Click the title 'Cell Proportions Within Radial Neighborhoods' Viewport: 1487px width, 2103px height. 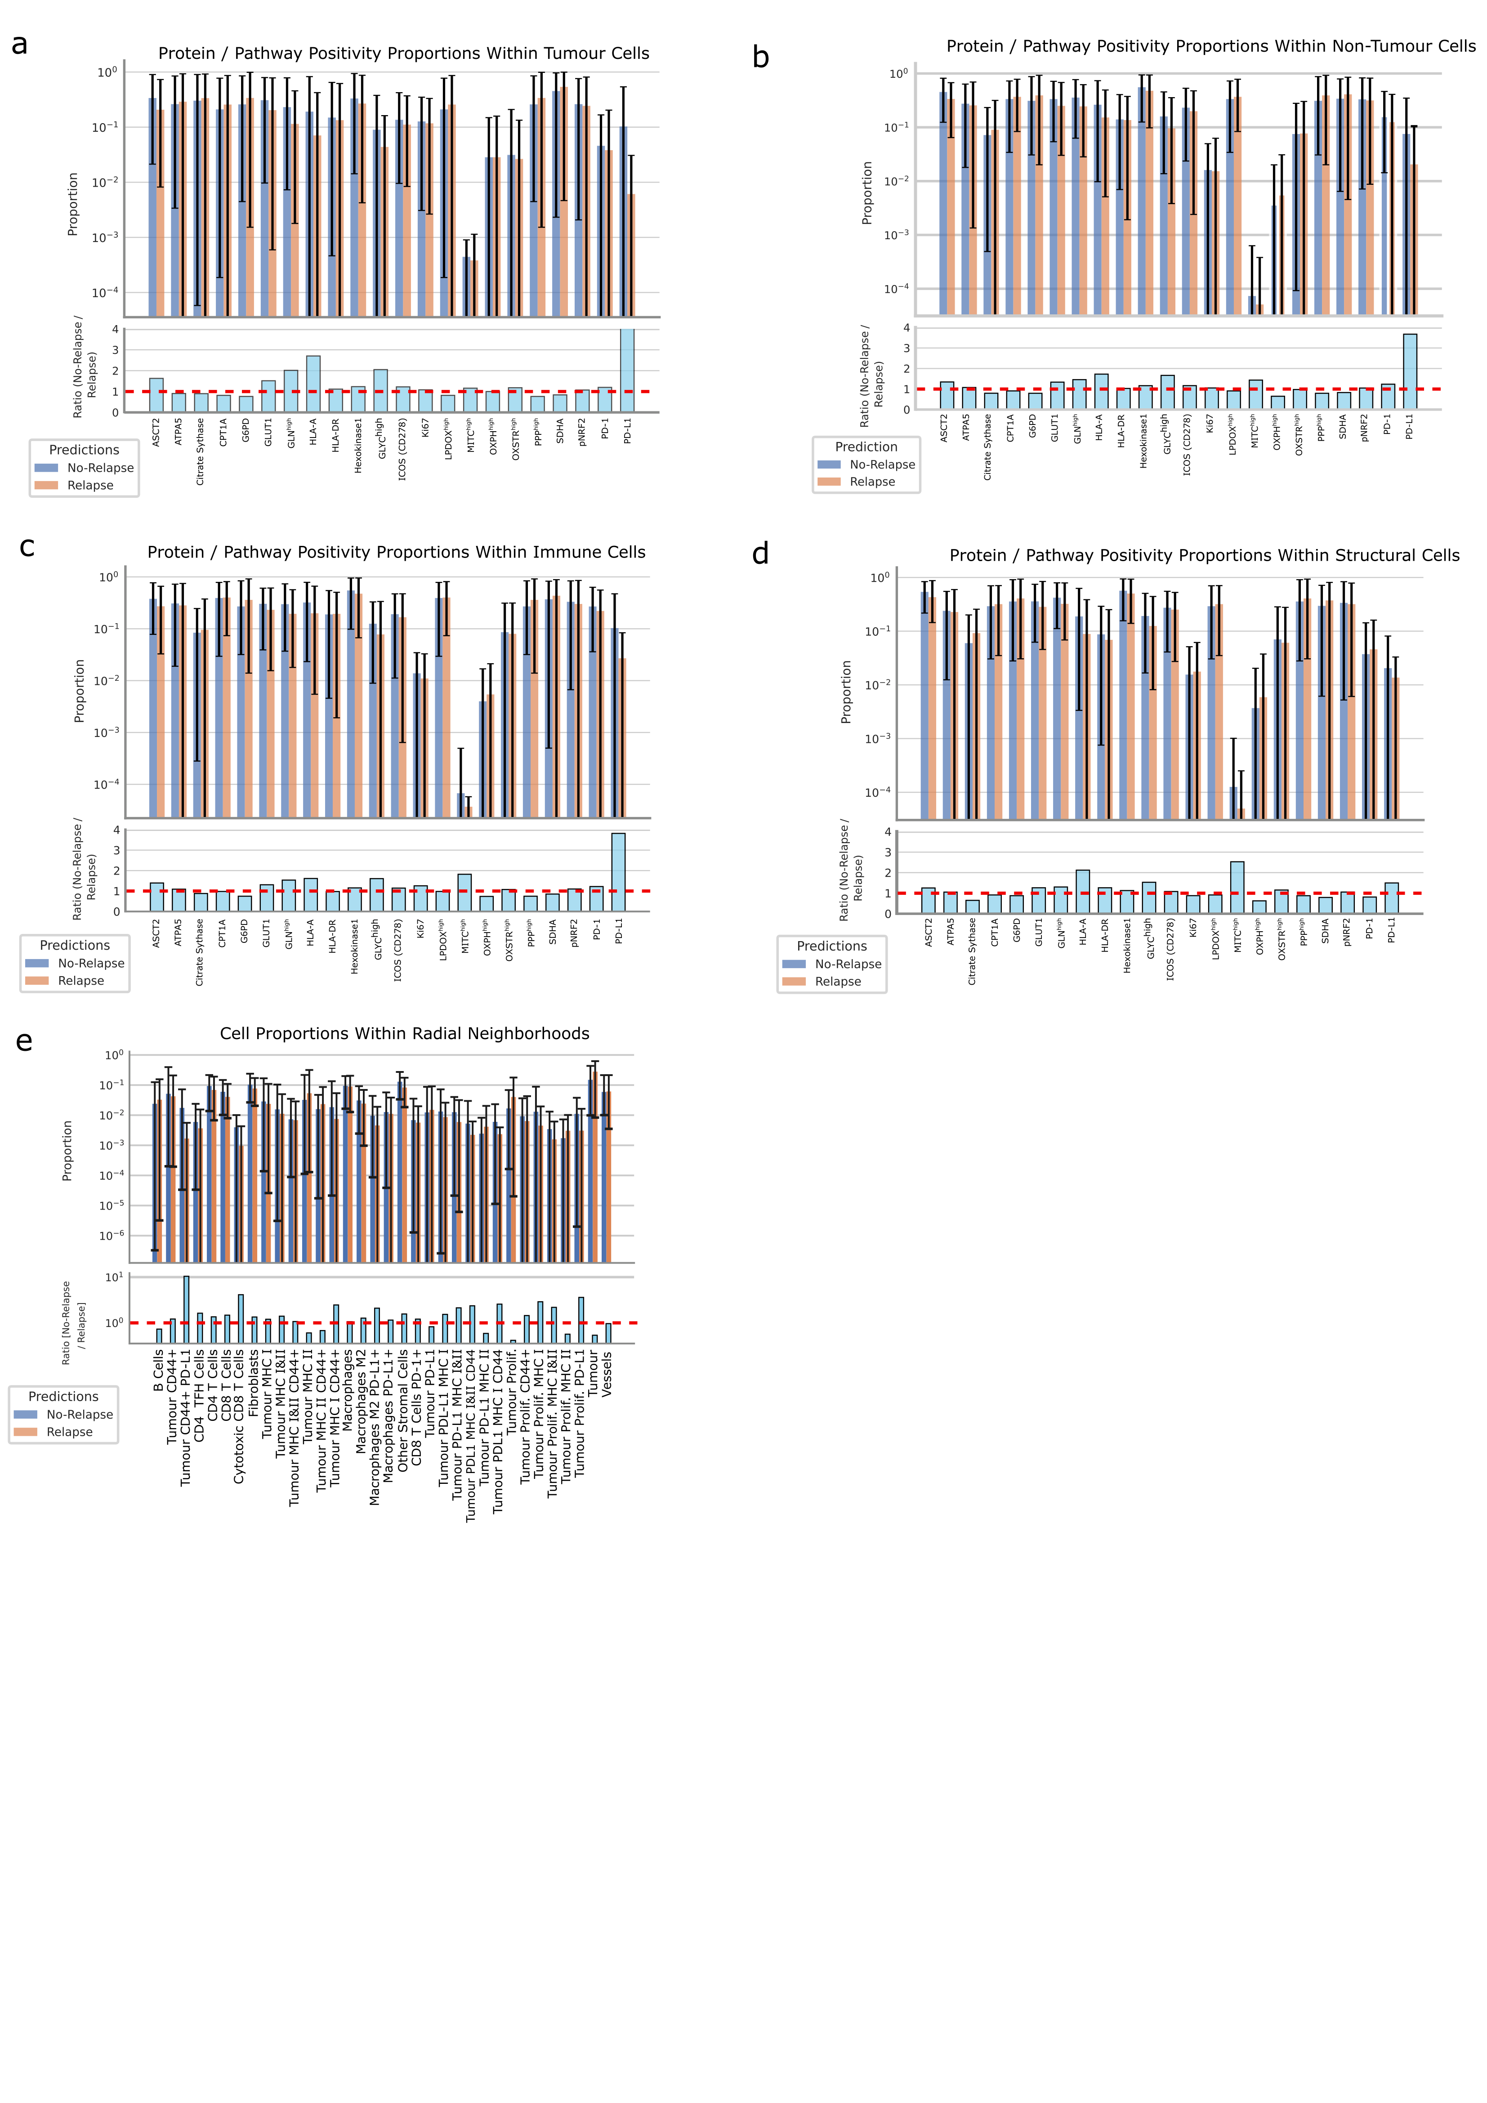[404, 1033]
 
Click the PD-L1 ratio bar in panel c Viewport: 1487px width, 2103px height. [618, 872]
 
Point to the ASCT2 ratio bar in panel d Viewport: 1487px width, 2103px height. [928, 900]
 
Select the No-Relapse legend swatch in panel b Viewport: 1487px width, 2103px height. [829, 464]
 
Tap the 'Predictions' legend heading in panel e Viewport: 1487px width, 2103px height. [63, 1396]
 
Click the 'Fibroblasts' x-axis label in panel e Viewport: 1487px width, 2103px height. [254, 1383]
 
